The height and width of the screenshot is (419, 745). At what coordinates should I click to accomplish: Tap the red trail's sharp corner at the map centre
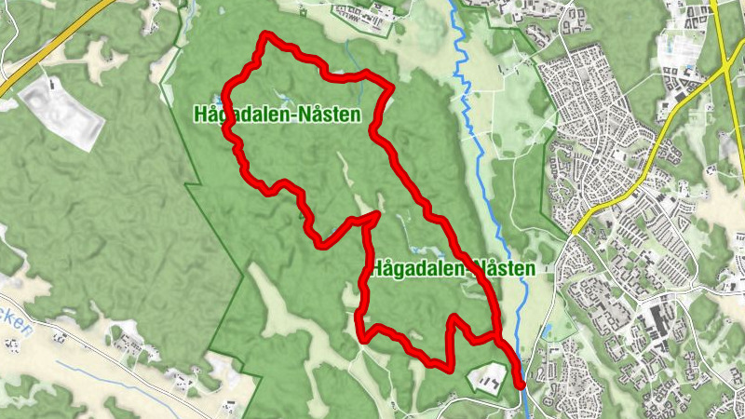click(x=376, y=215)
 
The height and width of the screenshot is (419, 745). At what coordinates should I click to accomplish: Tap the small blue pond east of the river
click(x=547, y=330)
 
